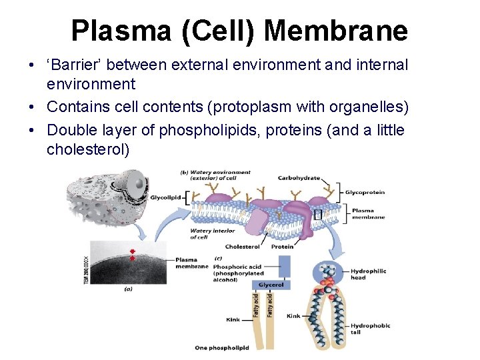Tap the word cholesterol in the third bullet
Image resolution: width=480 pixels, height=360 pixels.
[88, 149]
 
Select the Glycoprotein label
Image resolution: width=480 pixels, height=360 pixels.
[365, 193]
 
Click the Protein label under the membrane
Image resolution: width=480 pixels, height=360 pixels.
[283, 246]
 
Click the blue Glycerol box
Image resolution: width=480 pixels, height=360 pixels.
[271, 285]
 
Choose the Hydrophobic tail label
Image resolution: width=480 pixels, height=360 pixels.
[370, 329]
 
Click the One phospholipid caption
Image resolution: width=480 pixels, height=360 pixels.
[222, 347]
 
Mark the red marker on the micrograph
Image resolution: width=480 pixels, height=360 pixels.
[132, 255]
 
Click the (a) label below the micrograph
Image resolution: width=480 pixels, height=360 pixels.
[128, 289]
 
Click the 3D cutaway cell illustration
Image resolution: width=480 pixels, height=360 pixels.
[107, 193]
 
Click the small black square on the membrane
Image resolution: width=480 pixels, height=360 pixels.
[317, 214]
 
